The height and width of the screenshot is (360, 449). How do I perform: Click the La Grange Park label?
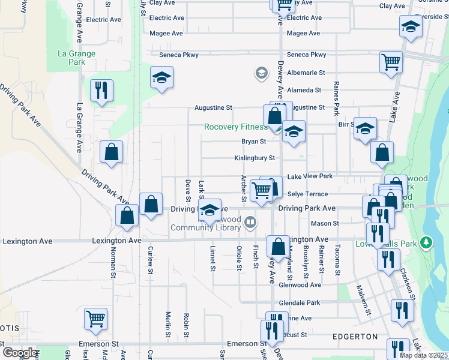coord(76,58)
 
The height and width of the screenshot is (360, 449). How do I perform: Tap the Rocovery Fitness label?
coord(235,127)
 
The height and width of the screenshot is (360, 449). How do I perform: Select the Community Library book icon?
coord(250,223)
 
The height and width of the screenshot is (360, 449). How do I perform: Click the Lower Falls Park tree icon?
coord(427,242)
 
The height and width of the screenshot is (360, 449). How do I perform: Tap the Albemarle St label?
coord(306,73)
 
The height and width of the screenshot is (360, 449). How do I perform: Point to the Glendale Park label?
coord(300,303)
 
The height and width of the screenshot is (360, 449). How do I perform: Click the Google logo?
coord(20,353)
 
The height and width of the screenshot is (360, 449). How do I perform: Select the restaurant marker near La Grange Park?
coord(101,91)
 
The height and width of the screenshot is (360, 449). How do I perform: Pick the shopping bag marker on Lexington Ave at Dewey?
coord(278,246)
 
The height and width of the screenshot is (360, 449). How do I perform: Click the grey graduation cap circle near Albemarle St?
coord(261,73)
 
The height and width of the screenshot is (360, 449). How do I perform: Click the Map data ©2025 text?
coord(423,355)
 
